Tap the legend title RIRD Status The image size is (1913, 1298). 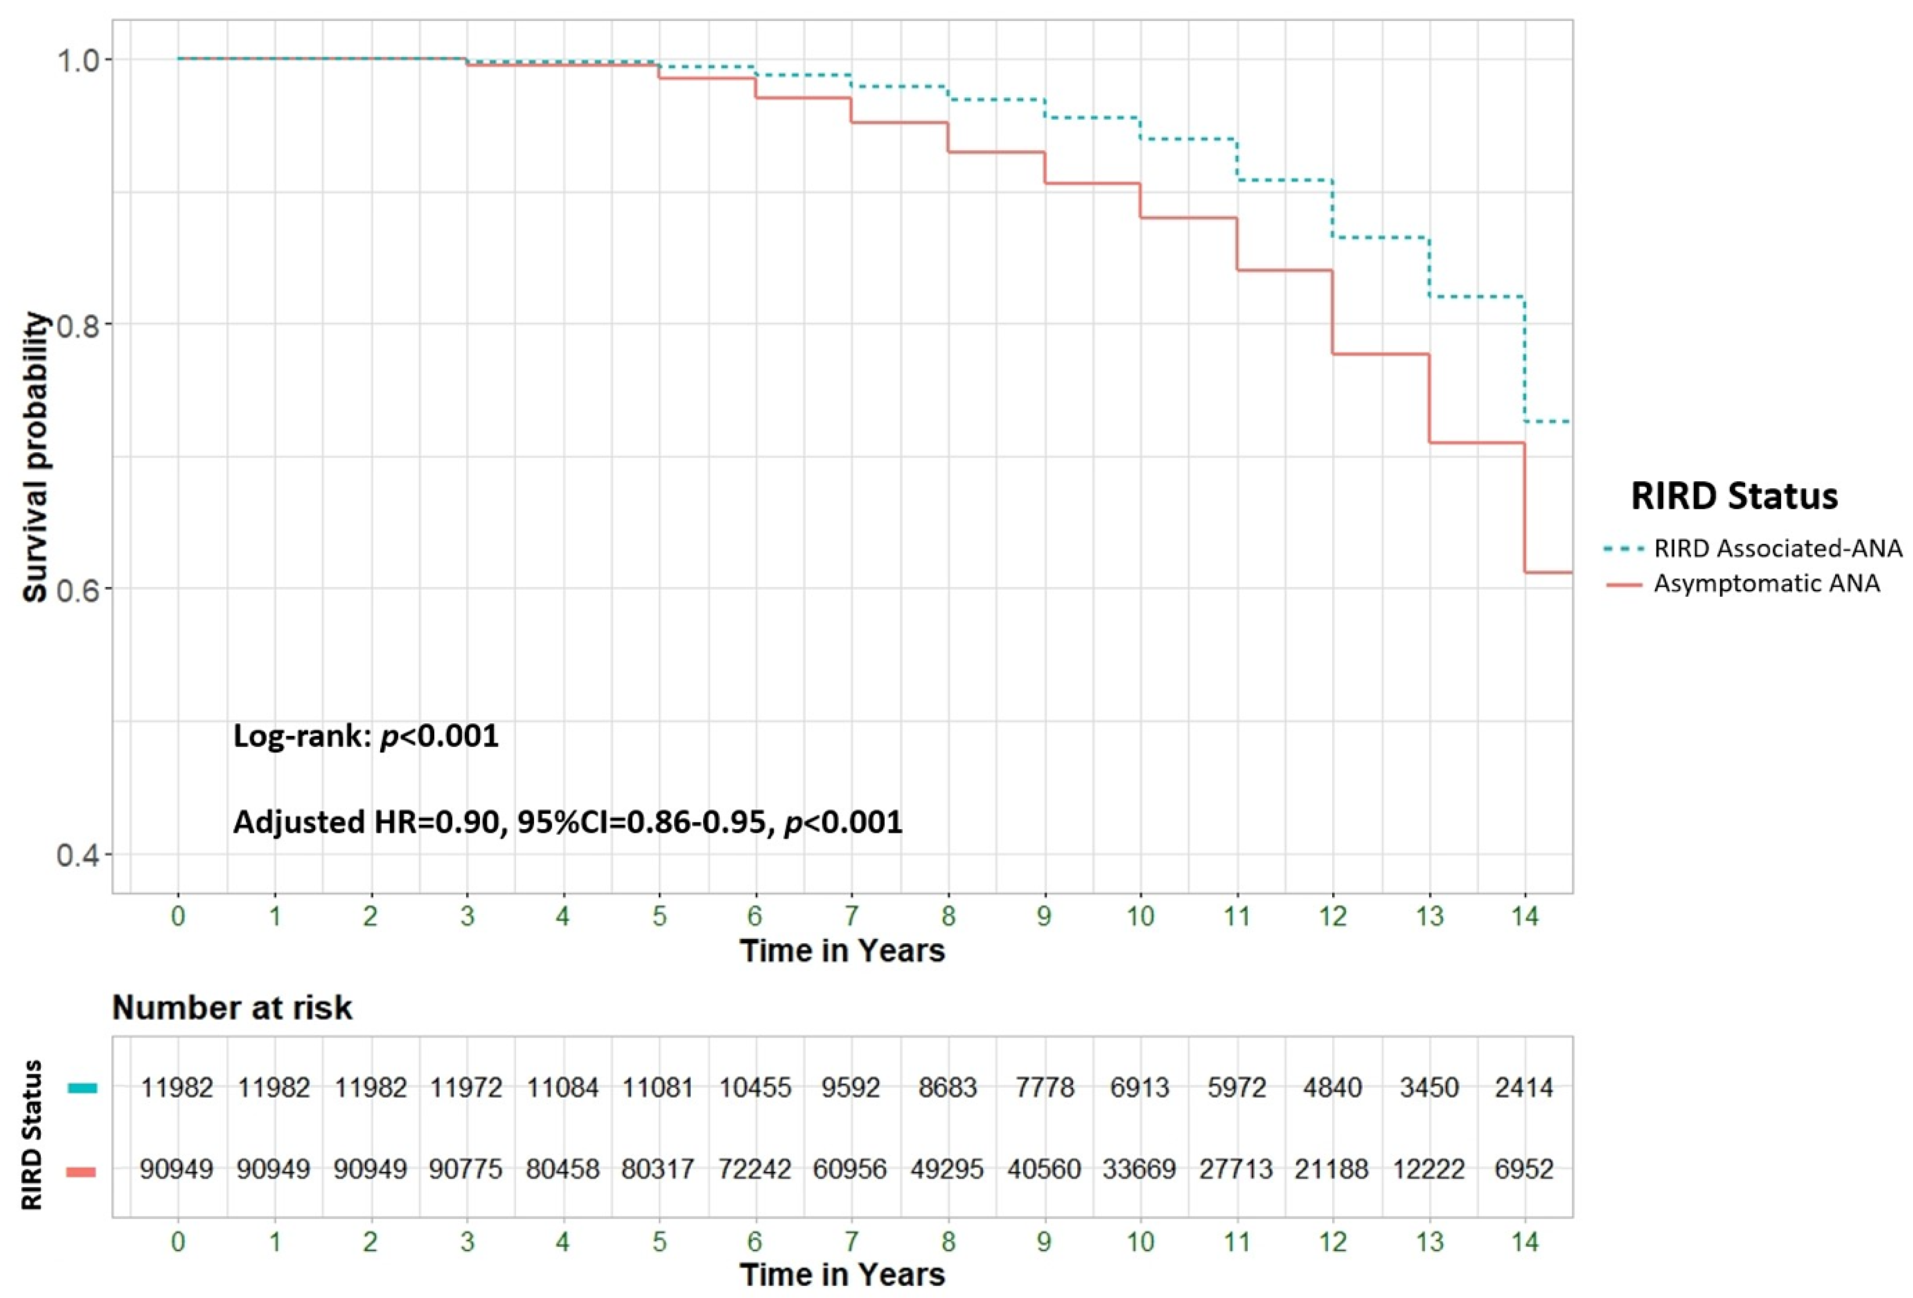1734,496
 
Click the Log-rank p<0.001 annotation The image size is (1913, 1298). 367,735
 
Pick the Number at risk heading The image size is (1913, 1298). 232,1007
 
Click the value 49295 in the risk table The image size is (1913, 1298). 947,1169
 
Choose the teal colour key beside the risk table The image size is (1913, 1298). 82,1088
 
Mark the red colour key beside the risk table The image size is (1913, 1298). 82,1170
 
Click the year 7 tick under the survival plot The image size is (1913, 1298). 851,916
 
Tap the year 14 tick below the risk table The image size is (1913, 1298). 1525,1241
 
